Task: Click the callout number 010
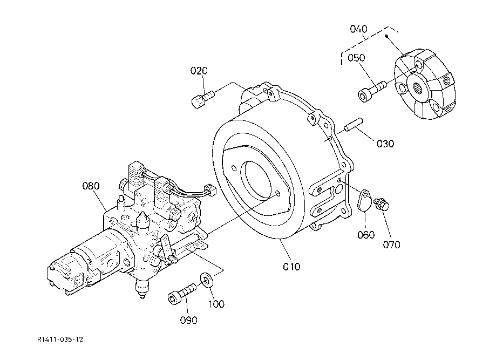click(x=291, y=267)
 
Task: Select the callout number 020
click(x=199, y=71)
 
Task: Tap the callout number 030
click(x=385, y=144)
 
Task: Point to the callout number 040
click(x=359, y=29)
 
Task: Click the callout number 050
click(x=356, y=58)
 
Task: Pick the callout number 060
click(x=366, y=235)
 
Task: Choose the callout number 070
click(x=392, y=244)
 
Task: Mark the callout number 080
click(x=91, y=186)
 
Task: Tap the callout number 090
click(x=188, y=320)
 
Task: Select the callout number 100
click(x=216, y=304)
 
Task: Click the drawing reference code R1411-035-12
click(x=60, y=339)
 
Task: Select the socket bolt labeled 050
click(x=372, y=91)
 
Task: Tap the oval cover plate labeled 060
click(x=365, y=200)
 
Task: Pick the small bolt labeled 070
click(x=382, y=205)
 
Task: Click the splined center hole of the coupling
click(x=419, y=87)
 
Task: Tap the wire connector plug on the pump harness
click(x=210, y=189)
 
